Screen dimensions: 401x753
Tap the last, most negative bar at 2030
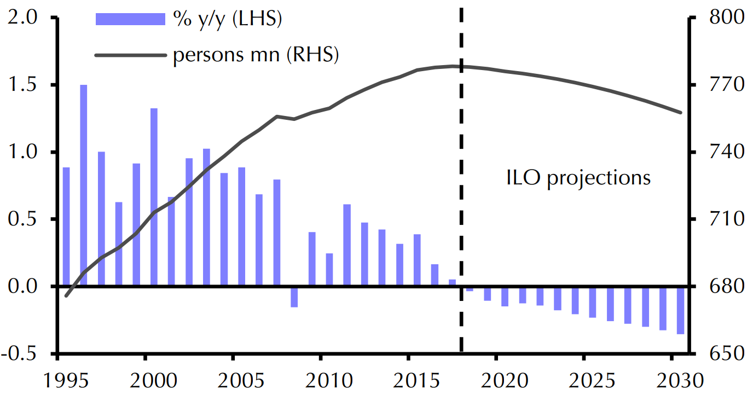coord(680,310)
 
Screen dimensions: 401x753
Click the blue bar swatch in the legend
coord(130,19)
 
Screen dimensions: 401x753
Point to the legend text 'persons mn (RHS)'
coord(256,55)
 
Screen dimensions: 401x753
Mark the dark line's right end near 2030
coord(681,113)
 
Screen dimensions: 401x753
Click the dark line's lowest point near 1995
coord(66,296)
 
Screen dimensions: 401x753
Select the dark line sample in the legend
coord(130,55)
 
